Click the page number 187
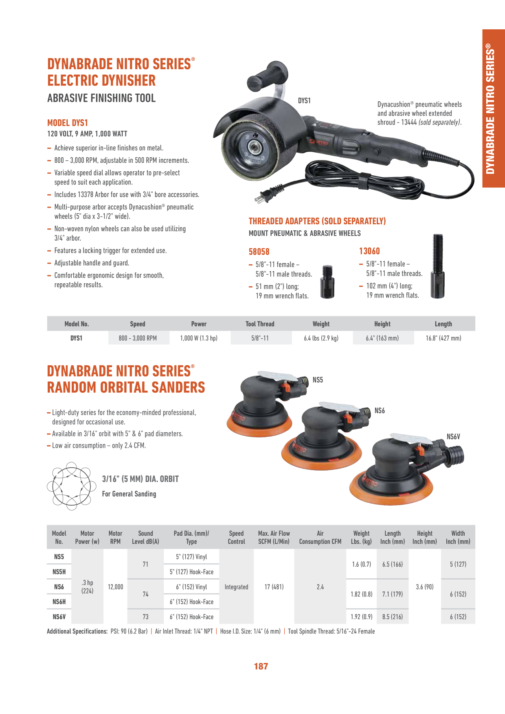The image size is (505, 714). click(x=261, y=666)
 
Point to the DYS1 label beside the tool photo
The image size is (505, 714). click(x=304, y=101)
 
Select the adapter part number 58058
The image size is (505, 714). click(x=259, y=252)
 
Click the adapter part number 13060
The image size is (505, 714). click(x=369, y=251)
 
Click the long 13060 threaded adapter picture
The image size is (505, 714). click(x=438, y=266)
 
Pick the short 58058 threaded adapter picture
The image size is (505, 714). click(x=327, y=282)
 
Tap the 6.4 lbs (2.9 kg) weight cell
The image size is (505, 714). click(x=321, y=338)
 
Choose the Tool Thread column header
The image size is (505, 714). click(x=260, y=324)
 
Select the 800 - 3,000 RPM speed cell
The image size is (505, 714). click(x=138, y=338)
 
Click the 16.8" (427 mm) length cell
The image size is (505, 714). click(x=444, y=338)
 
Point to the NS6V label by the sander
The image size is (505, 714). click(x=453, y=436)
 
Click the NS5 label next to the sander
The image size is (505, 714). click(x=318, y=380)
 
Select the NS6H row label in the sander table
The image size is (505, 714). click(x=59, y=602)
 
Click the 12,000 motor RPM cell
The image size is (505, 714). click(x=116, y=587)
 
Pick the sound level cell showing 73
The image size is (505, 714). click(x=145, y=617)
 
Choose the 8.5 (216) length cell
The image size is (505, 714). click(x=393, y=617)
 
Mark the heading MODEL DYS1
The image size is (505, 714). click(x=68, y=123)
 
